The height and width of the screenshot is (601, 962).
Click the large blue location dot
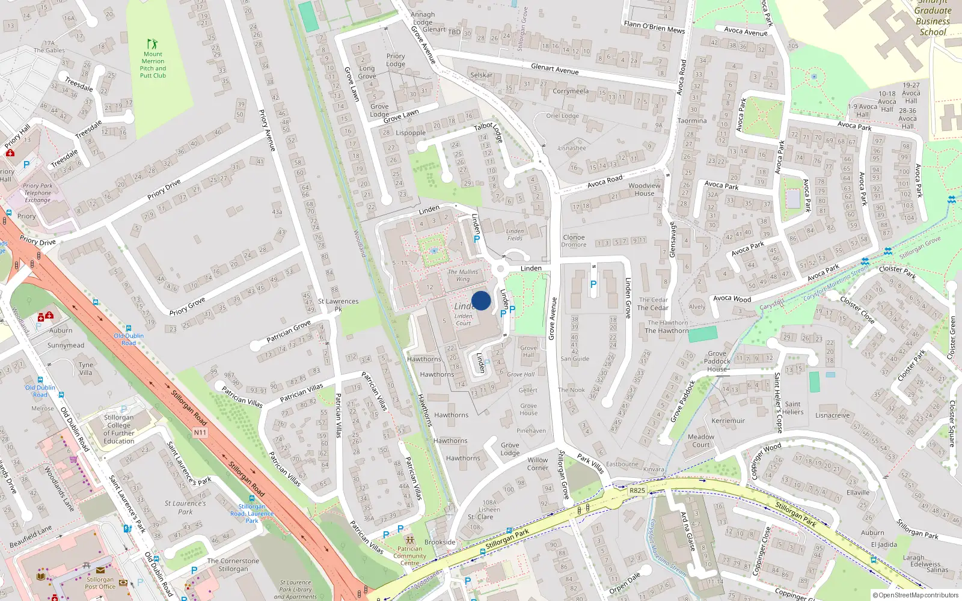[x=481, y=300]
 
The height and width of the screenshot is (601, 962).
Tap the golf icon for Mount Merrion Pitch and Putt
[x=153, y=44]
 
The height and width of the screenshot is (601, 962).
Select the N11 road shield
[x=200, y=432]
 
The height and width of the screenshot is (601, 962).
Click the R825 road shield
[x=637, y=490]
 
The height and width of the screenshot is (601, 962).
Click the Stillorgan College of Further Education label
[x=119, y=429]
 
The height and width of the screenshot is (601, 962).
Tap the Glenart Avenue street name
[x=554, y=69]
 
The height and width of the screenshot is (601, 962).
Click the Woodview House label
[x=644, y=189]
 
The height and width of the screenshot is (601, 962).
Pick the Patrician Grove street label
[x=289, y=332]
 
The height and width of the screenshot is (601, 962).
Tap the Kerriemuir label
[x=728, y=421]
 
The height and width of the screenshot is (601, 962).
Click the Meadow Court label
[x=701, y=441]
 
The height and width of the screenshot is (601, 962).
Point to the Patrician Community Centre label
[x=410, y=555]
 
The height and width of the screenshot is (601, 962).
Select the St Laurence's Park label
[x=185, y=507]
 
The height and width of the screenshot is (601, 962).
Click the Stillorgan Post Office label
[x=100, y=583]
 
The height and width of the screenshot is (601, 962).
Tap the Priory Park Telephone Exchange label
[x=38, y=193]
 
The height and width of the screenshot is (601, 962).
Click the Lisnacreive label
[x=833, y=415]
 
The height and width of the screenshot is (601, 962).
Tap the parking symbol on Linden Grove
[x=593, y=284]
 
